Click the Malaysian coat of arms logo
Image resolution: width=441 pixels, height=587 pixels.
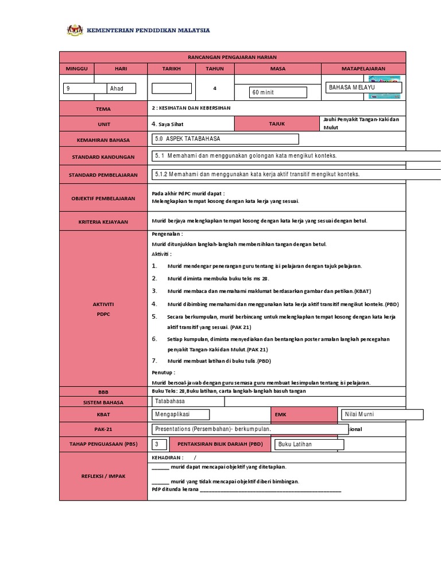(x=75, y=30)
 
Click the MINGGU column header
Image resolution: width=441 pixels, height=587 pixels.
(x=76, y=68)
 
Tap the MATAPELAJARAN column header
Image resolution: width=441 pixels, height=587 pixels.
(x=363, y=68)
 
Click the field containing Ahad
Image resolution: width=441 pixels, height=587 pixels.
(x=122, y=88)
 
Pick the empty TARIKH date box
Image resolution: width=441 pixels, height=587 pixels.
(x=171, y=88)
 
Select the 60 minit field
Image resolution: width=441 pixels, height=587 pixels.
(x=278, y=92)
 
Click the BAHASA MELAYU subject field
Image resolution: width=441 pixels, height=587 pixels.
(x=363, y=87)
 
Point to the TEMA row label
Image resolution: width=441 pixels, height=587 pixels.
(x=103, y=108)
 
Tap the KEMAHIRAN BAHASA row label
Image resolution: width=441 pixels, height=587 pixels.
(x=103, y=139)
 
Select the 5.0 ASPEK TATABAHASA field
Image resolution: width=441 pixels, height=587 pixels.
(x=225, y=139)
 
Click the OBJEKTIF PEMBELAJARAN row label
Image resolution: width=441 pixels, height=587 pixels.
(x=103, y=198)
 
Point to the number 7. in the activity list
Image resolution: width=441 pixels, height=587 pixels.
(x=154, y=361)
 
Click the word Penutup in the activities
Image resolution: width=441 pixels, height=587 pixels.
(x=162, y=372)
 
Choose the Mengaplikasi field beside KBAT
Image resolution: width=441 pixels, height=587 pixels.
(x=180, y=414)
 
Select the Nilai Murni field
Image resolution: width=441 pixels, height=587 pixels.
(x=382, y=414)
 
